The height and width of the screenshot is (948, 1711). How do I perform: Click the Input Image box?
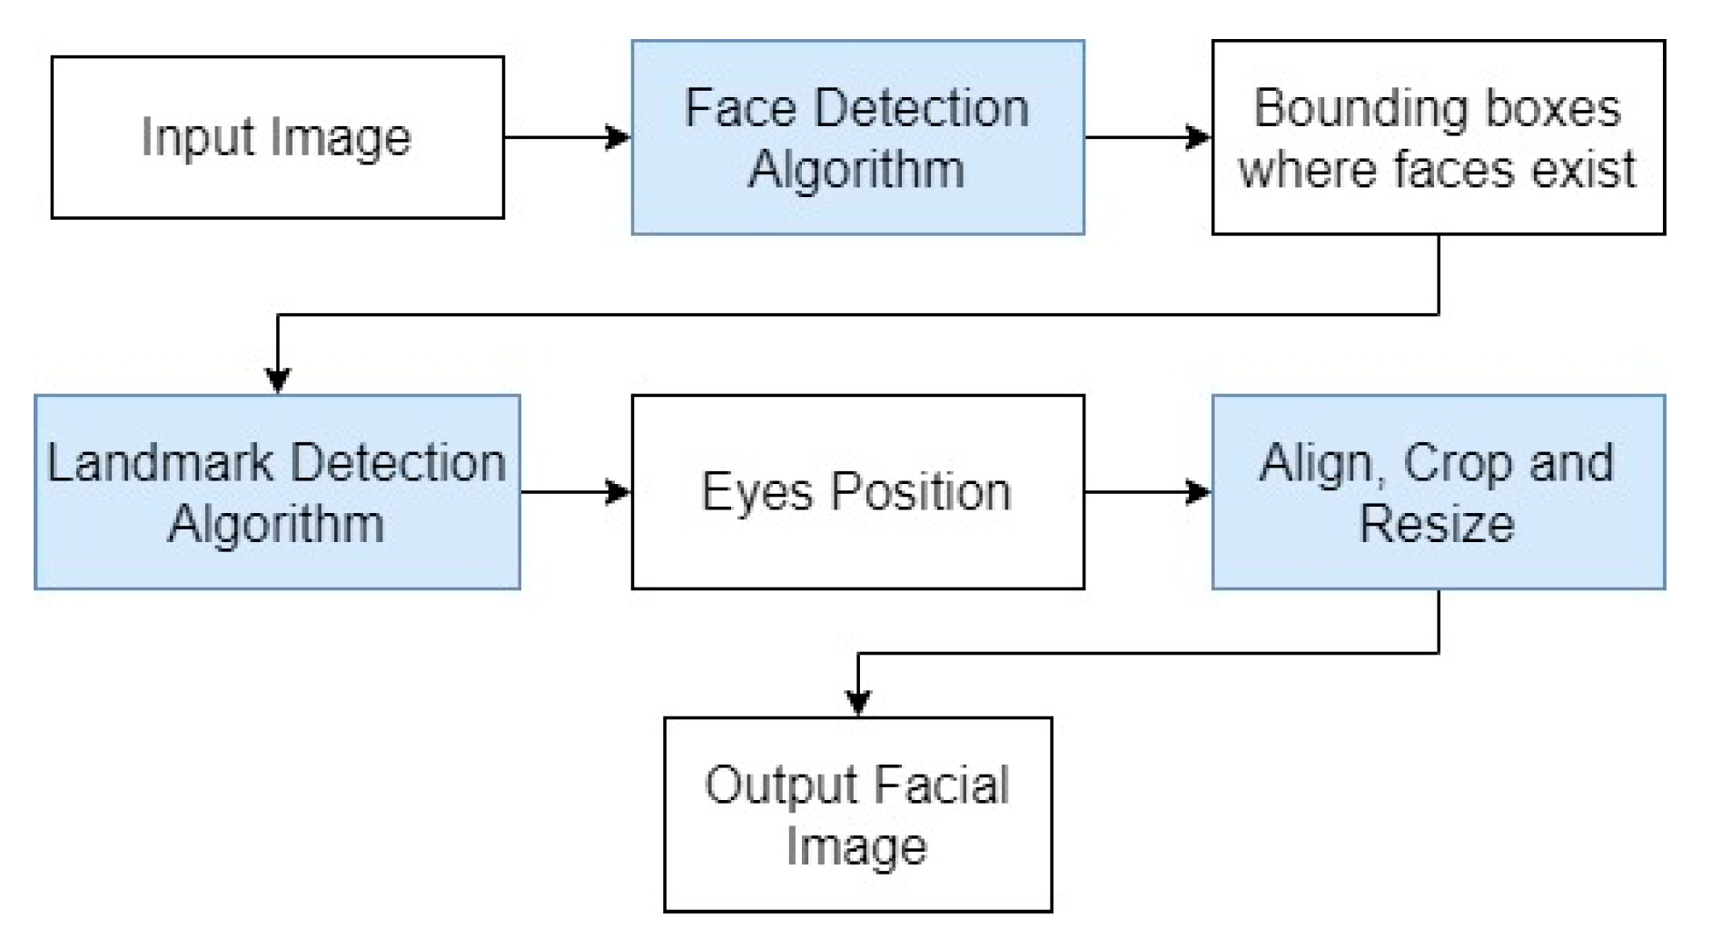click(277, 136)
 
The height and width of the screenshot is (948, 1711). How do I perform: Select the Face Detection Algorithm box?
click(857, 136)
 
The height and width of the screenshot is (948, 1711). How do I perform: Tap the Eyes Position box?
click(857, 491)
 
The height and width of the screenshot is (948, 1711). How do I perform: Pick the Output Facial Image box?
click(857, 814)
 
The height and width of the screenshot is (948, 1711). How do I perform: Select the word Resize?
click(1437, 524)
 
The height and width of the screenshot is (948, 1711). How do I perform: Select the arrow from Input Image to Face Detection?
click(567, 137)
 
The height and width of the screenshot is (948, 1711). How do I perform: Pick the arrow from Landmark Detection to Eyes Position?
click(575, 492)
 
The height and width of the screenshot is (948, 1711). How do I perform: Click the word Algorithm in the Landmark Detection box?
click(276, 525)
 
